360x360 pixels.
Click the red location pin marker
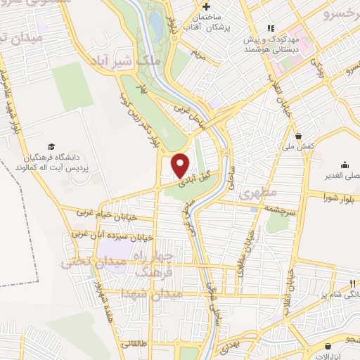pyautogui.click(x=181, y=165)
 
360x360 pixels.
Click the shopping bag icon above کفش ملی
pyautogui.click(x=299, y=136)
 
